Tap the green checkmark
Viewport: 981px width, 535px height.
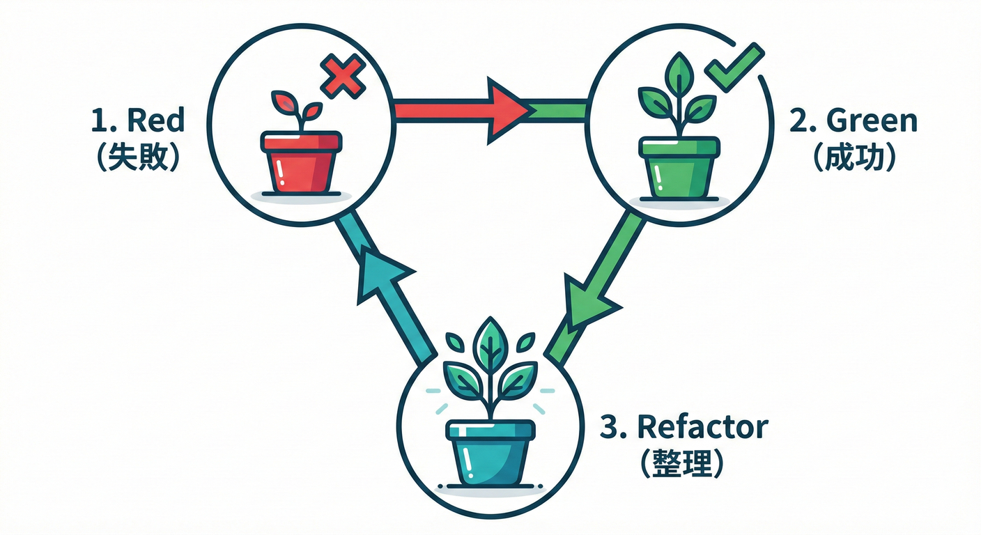tap(734, 67)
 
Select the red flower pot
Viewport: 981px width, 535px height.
tap(302, 163)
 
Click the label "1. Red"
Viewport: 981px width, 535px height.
tap(138, 121)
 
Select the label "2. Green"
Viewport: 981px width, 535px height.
tap(853, 121)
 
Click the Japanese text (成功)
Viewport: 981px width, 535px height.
tap(853, 159)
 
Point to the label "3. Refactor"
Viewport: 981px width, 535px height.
tap(683, 427)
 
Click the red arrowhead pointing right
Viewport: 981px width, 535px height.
tap(507, 110)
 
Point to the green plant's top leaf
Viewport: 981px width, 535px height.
tap(678, 72)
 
